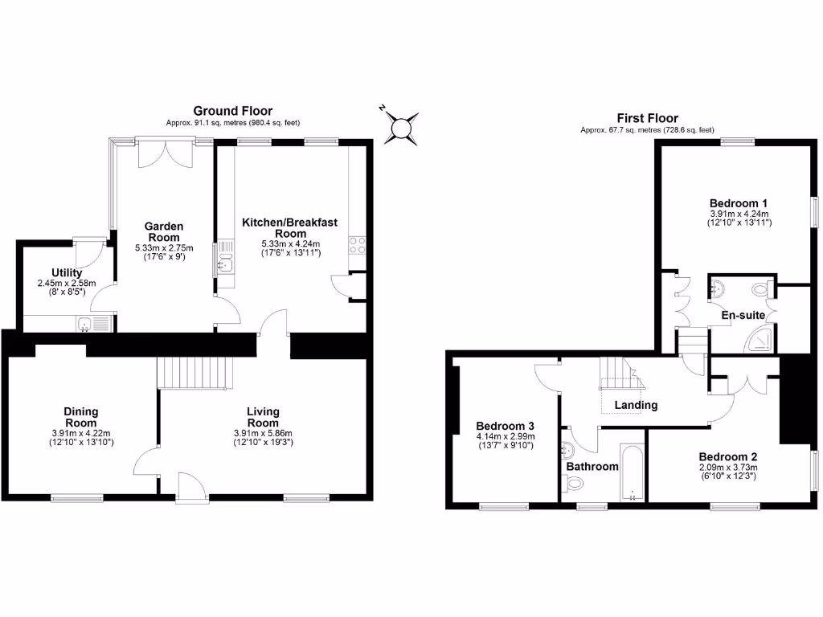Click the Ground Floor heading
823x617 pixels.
pos(232,111)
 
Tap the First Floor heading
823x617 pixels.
pos(647,118)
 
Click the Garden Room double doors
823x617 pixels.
pos(165,153)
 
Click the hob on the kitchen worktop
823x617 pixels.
pos(358,245)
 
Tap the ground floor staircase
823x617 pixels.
pos(197,372)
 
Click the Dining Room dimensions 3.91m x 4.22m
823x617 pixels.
pos(80,433)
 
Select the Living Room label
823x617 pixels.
pos(263,417)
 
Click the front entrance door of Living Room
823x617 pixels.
pos(191,487)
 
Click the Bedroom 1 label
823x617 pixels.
pos(739,202)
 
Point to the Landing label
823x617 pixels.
pos(636,405)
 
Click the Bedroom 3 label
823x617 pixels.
pos(505,426)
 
